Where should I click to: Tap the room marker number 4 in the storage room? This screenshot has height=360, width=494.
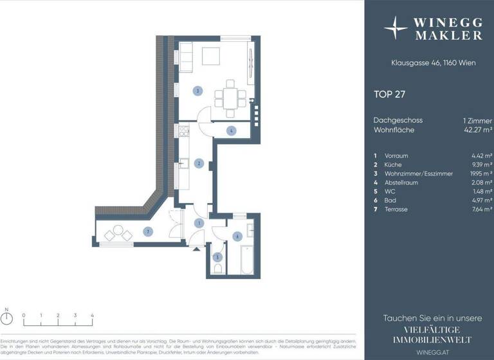coord(230,131)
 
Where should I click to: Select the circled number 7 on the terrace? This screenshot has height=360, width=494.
coord(148,232)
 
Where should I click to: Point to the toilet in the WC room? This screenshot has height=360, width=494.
coord(218,268)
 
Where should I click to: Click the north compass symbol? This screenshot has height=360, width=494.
coord(7,322)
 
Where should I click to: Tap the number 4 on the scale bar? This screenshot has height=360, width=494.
coord(93,316)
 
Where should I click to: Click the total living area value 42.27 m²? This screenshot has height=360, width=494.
coord(477,130)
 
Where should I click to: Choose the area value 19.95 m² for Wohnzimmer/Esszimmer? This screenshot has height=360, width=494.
coord(479,174)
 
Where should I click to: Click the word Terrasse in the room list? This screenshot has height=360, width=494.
coord(396,210)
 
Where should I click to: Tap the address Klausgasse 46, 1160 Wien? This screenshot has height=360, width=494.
coord(429,63)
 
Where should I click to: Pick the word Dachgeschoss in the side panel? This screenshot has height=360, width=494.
coord(398,120)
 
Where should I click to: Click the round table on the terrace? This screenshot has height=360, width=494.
coord(118,231)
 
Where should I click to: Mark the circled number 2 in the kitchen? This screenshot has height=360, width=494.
coord(199,163)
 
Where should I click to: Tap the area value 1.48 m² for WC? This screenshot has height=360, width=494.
coord(480,192)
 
